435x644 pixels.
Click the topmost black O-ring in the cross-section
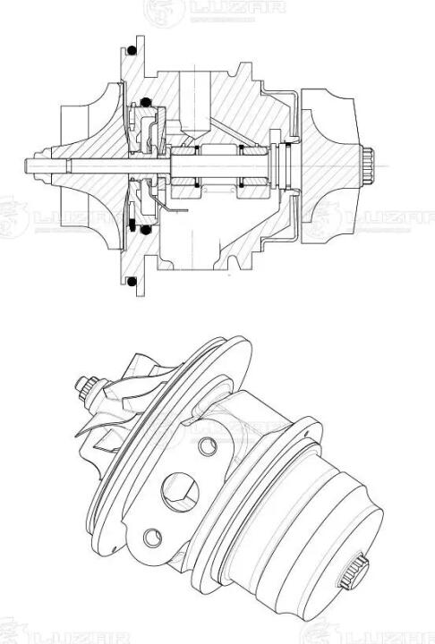(x=132, y=50)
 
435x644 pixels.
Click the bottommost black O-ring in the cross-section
(x=132, y=282)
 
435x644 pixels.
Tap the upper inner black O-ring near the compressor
(x=146, y=101)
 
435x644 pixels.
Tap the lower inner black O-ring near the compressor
(x=145, y=230)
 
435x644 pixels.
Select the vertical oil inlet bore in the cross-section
(x=196, y=104)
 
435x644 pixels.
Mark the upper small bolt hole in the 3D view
(x=208, y=446)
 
